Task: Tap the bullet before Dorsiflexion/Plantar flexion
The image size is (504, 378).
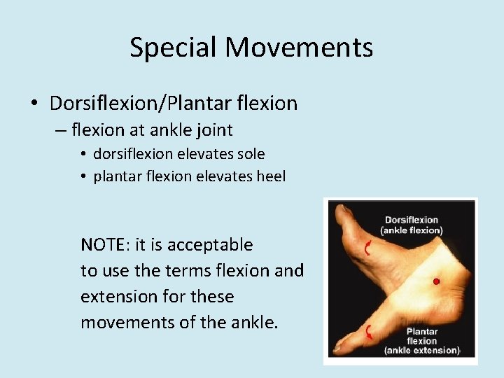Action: tap(34, 104)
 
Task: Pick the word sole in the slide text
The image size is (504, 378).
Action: tap(251, 153)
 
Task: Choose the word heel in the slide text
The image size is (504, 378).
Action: tap(272, 176)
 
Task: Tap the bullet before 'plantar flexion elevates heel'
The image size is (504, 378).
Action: tap(83, 176)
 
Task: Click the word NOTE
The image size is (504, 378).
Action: tap(102, 245)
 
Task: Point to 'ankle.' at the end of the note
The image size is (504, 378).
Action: tap(252, 323)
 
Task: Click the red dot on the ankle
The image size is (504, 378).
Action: tap(436, 281)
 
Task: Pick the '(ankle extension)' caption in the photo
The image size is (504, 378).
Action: tap(422, 350)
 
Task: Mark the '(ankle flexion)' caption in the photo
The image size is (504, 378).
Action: tap(412, 231)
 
